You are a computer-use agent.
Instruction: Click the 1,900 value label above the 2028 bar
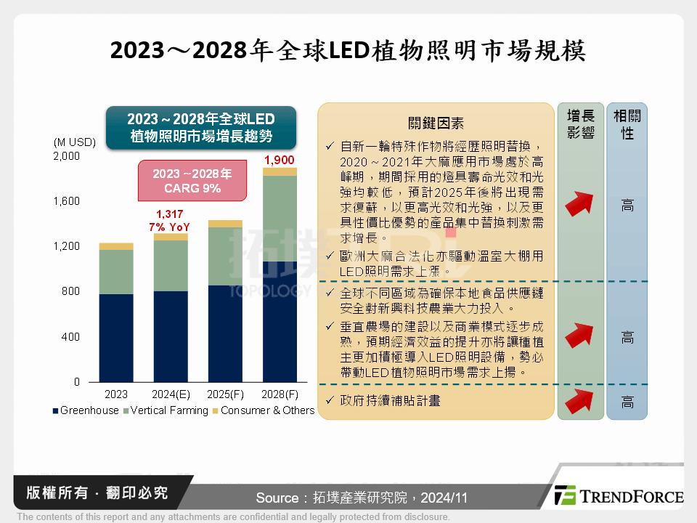pos(280,160)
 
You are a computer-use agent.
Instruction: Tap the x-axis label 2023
pos(116,394)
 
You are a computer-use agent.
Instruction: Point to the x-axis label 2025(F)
pos(225,394)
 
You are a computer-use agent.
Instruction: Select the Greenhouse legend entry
pos(85,410)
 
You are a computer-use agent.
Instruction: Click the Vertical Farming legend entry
pos(165,410)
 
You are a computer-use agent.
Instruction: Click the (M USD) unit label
pos(74,141)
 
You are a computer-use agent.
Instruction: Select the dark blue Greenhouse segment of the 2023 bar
pos(116,338)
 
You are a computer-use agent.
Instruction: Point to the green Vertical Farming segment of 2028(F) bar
pos(280,218)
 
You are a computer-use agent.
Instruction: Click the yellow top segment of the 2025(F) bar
pos(225,224)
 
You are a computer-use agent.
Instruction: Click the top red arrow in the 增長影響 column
pos(580,205)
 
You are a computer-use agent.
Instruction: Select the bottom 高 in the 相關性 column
pos(627,402)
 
